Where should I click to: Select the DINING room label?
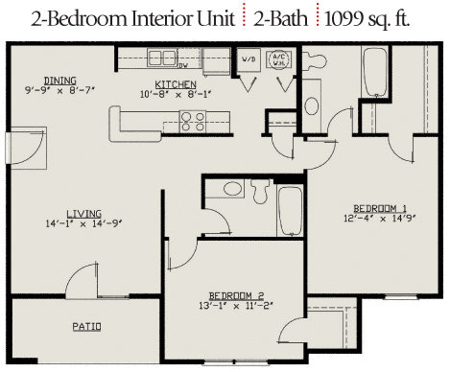point(60,81)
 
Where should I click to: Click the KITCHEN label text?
point(176,84)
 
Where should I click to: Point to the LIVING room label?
point(84,213)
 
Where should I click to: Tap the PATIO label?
point(86,327)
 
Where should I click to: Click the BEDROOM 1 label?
point(380,209)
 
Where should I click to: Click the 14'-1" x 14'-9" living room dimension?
point(83,223)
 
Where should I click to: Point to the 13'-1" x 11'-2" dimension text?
point(236,306)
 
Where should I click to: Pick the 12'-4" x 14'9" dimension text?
point(380,219)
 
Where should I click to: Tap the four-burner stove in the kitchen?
point(193,122)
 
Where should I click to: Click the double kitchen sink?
point(162,58)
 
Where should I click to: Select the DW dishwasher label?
point(183,66)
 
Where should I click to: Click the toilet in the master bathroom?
point(315,60)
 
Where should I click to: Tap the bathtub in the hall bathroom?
point(290,211)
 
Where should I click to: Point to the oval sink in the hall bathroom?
point(232,189)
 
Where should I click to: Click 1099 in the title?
point(343,19)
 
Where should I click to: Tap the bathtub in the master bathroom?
point(375,72)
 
